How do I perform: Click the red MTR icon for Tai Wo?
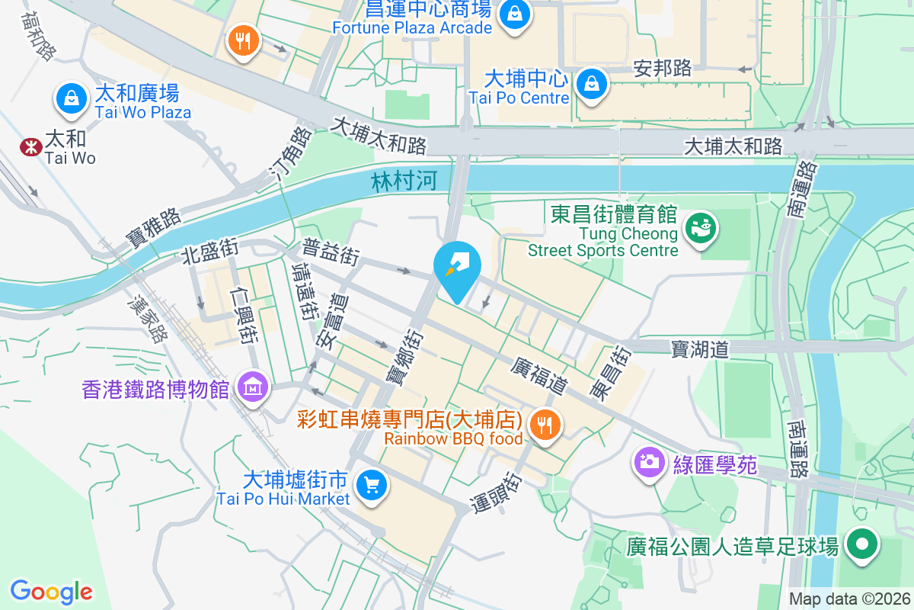pyautogui.click(x=31, y=146)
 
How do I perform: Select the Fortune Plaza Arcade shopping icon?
pyautogui.click(x=515, y=14)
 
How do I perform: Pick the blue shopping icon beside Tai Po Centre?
pyautogui.click(x=592, y=85)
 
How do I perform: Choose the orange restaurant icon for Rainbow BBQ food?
pyautogui.click(x=544, y=425)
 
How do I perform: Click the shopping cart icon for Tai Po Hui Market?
pyautogui.click(x=372, y=485)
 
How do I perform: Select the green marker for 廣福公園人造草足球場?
pyautogui.click(x=863, y=546)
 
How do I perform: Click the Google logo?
pyautogui.click(x=52, y=592)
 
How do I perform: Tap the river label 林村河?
pyautogui.click(x=403, y=182)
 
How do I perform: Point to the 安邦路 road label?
pyautogui.click(x=663, y=69)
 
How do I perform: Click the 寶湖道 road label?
pyautogui.click(x=700, y=349)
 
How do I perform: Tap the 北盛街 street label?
pyautogui.click(x=210, y=250)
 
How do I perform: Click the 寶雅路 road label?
pyautogui.click(x=155, y=227)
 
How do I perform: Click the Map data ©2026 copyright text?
pyautogui.click(x=849, y=599)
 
